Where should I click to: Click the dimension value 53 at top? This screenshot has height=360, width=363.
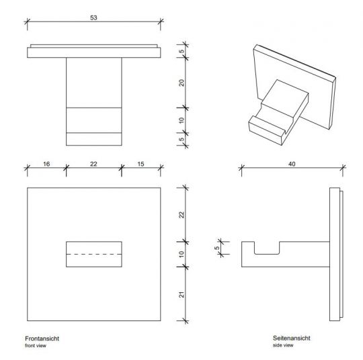click(x=93, y=18)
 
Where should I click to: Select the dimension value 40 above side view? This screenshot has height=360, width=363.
click(x=292, y=164)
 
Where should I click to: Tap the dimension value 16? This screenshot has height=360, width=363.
click(x=46, y=164)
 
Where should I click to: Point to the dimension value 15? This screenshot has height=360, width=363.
click(x=140, y=164)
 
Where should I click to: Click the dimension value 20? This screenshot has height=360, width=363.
click(x=182, y=83)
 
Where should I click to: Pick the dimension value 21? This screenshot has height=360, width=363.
click(x=182, y=295)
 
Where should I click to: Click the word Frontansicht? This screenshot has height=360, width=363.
click(x=42, y=339)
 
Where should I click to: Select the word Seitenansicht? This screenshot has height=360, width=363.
click(x=292, y=338)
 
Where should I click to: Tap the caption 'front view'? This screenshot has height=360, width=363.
click(x=36, y=346)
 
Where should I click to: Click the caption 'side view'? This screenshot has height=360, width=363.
click(x=283, y=345)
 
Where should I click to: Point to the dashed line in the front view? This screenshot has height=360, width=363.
click(x=94, y=255)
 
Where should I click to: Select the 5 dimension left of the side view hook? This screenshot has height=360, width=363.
click(x=216, y=248)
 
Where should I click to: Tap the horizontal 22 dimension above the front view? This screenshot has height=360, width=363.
click(x=93, y=164)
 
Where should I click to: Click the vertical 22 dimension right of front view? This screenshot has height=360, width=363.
click(x=182, y=215)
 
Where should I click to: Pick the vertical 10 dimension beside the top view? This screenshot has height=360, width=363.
click(x=182, y=120)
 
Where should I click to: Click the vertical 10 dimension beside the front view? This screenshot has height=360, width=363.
click(x=182, y=255)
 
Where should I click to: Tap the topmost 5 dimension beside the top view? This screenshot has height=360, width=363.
click(x=182, y=51)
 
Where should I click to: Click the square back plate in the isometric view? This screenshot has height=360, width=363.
click(x=294, y=77)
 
